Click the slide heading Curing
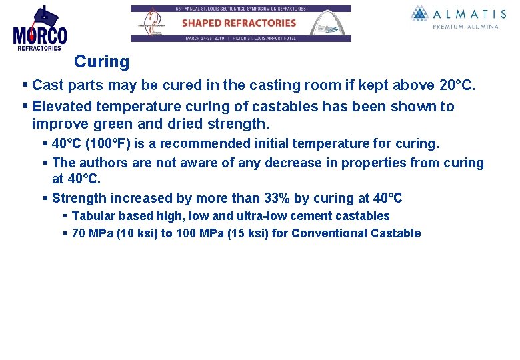coord(101,62)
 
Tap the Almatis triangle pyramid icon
coord(419,14)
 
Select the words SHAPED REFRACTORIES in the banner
coord(239,23)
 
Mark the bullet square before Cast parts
coord(25,85)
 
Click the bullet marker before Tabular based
coord(65,216)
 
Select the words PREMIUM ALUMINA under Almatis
coord(465,27)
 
